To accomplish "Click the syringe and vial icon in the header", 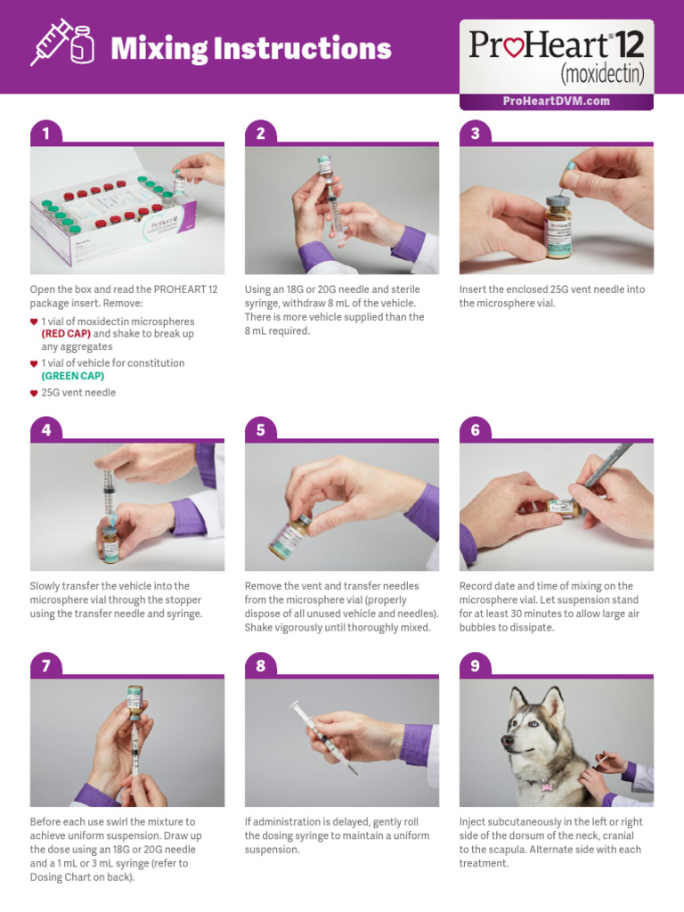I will pyautogui.click(x=61, y=45).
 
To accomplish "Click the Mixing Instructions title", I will pyautogui.click(x=250, y=48).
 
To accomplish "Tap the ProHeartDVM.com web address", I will pyautogui.click(x=556, y=101).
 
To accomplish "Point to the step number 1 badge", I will pyautogui.click(x=45, y=134).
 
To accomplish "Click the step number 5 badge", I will pyautogui.click(x=260, y=430).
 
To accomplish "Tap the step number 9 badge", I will pyautogui.click(x=475, y=666).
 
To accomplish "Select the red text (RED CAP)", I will pyautogui.click(x=66, y=334).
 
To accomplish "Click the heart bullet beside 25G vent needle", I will pyautogui.click(x=34, y=393).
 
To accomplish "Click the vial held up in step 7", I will pyautogui.click(x=134, y=699).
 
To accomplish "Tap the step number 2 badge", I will pyautogui.click(x=260, y=134).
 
